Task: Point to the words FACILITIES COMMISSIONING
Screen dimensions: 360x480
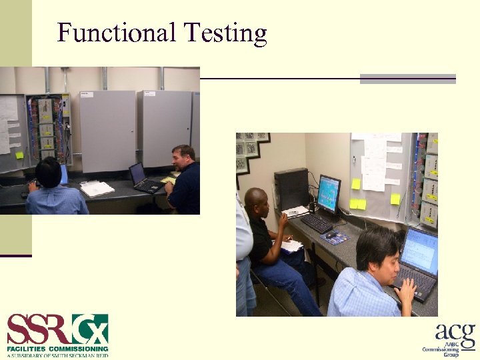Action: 57,349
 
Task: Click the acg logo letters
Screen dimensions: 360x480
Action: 455,333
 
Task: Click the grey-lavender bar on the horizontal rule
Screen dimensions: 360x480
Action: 407,79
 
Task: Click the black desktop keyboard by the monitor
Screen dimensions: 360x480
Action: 317,223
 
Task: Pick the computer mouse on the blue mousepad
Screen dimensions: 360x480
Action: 331,235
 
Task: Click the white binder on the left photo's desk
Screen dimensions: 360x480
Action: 97,189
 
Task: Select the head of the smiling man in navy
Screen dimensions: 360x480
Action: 183,158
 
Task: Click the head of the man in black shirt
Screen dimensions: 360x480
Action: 256,201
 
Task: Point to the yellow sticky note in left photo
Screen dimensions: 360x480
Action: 20,155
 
